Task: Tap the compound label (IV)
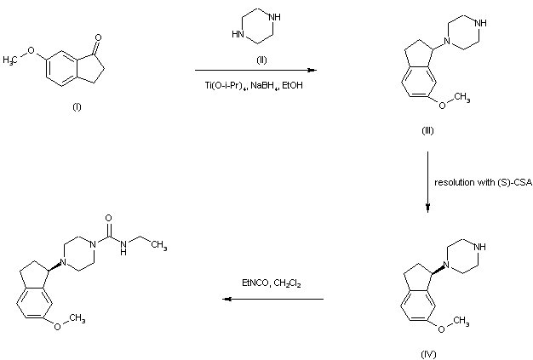427,352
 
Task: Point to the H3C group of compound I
13,60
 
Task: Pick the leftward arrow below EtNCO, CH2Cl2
272,300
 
